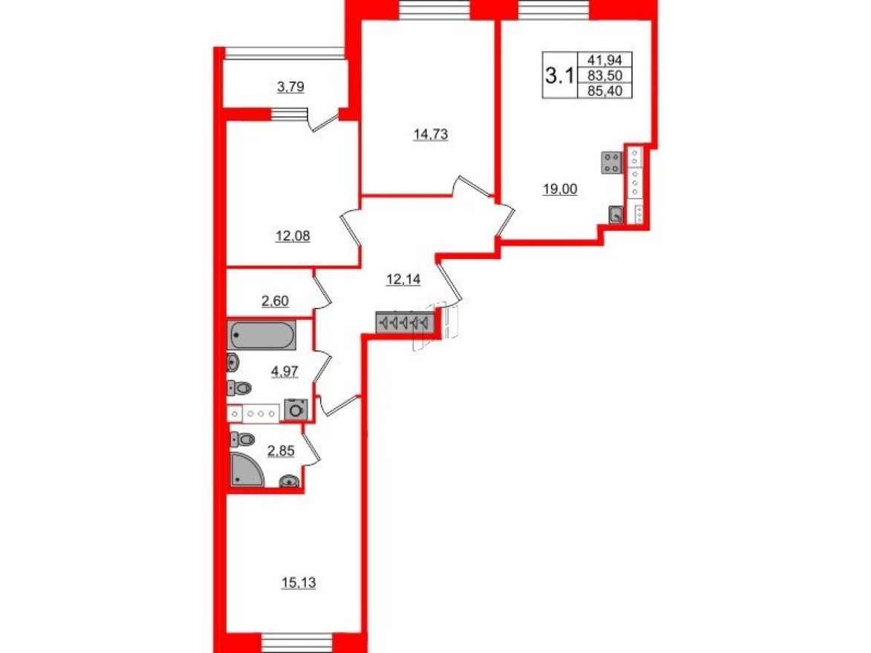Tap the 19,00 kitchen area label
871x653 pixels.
point(560,188)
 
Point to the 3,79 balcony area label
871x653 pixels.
point(290,88)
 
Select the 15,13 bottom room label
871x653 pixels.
point(299,583)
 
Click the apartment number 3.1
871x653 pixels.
point(558,75)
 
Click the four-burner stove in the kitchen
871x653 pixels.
point(612,163)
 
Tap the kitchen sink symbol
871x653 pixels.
point(616,215)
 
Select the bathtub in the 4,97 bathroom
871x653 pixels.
point(262,335)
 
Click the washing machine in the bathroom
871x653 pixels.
point(296,410)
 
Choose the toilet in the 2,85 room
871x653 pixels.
point(242,440)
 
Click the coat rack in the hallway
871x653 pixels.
point(405,323)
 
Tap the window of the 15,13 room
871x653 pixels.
point(297,643)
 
